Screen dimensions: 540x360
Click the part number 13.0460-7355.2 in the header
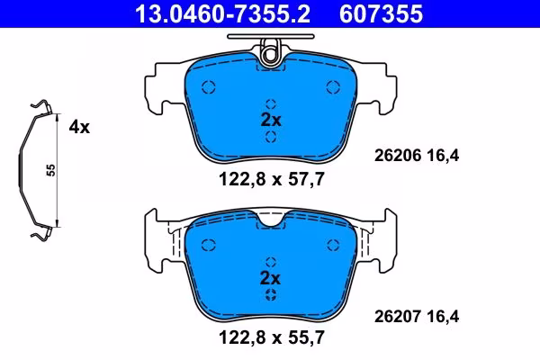[222, 13]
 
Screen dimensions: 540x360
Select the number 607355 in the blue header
[381, 13]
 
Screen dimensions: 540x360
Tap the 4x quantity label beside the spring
[79, 127]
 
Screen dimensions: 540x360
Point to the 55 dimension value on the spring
[50, 170]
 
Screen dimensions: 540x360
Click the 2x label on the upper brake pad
[271, 120]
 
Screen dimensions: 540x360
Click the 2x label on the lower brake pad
[271, 278]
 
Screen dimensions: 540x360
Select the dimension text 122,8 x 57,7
[272, 179]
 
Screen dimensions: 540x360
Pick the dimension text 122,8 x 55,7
[272, 337]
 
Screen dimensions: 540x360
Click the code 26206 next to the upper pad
[398, 156]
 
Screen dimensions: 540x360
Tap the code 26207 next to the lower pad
[398, 316]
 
